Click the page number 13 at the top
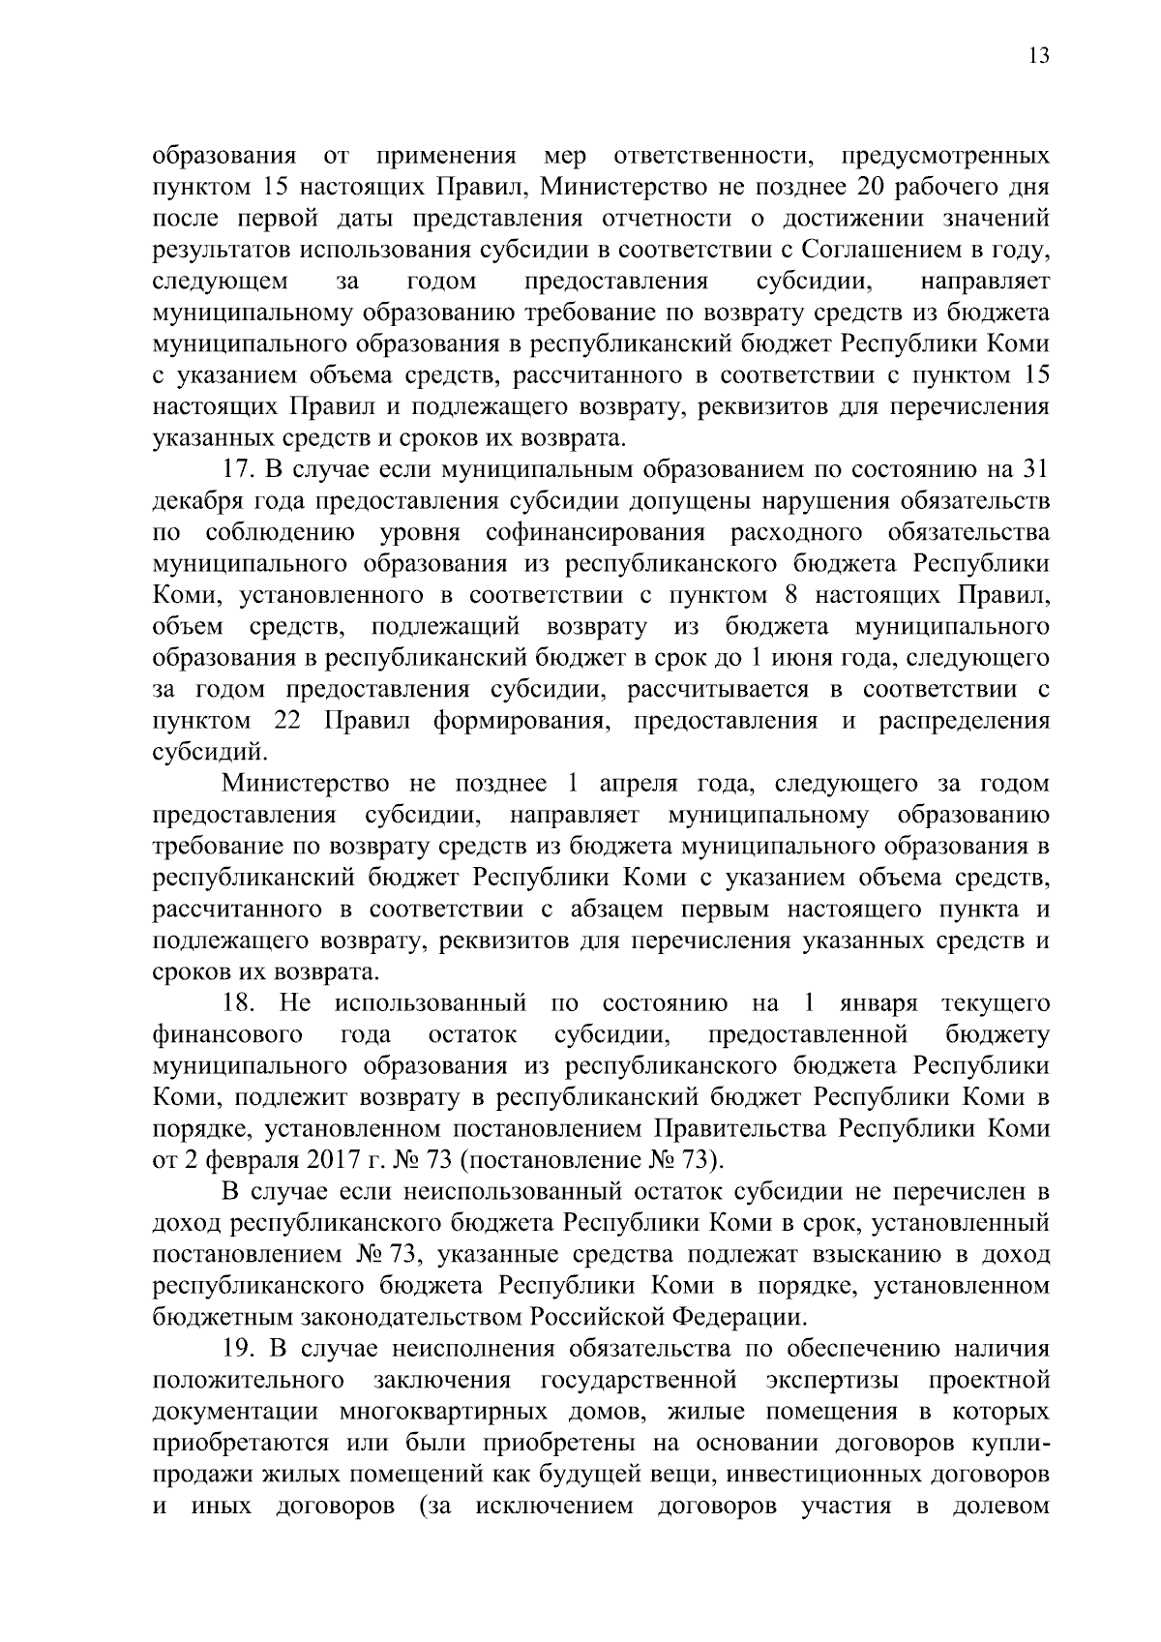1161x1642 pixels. coord(1038,54)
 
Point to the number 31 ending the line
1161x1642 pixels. coord(1034,470)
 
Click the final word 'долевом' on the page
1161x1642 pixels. coord(1001,1537)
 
